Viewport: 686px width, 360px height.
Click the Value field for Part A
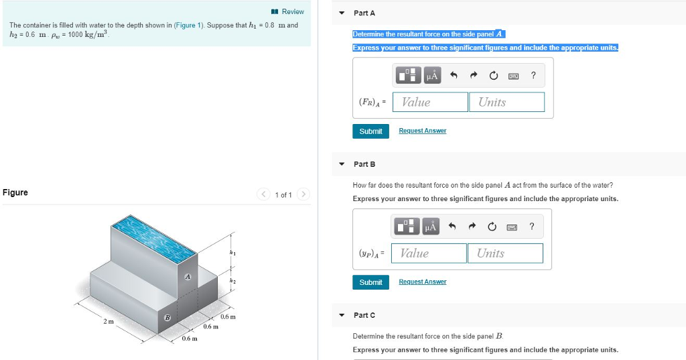point(431,102)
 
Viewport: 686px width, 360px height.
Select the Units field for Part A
point(506,102)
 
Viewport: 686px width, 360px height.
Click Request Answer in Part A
point(422,131)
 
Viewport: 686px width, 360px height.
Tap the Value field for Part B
point(429,253)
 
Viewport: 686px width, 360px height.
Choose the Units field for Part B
point(505,253)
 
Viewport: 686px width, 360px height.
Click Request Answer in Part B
point(422,282)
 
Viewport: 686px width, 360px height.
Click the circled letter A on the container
point(188,276)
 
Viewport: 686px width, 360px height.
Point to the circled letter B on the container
point(167,316)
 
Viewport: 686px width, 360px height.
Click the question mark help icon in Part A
point(533,76)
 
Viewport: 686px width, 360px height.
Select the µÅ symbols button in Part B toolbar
point(431,227)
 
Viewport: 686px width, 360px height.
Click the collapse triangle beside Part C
point(342,315)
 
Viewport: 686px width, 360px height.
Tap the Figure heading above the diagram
point(15,192)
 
